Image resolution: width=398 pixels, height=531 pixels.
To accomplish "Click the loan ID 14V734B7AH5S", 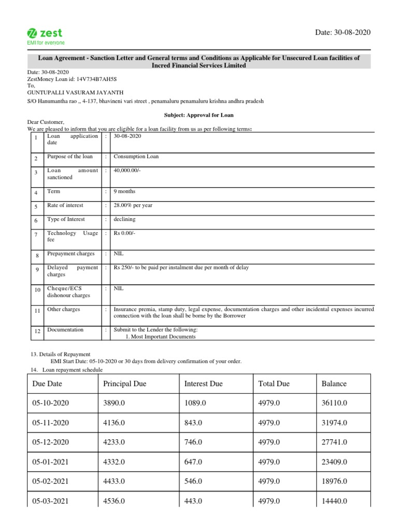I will pos(96,79).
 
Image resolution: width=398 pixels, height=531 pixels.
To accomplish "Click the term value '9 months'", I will pos(124,191).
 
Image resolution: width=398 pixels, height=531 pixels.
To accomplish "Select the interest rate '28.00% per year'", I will pos(133,205).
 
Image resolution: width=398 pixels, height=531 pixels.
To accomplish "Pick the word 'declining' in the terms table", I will pos(125,219).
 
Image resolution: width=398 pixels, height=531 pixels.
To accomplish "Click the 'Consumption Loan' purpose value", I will pos(136,157).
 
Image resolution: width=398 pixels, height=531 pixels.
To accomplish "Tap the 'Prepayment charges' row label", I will pos(71,254).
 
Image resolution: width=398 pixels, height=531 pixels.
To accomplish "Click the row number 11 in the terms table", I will pos(37,311).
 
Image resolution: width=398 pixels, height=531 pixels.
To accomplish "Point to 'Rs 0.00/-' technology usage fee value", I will pos(124,233).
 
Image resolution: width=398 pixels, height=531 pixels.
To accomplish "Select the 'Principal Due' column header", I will pos(125,384).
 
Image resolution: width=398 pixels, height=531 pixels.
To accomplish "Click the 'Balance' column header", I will pos(334,384).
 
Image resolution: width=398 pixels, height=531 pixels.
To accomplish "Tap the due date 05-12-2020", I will pos(50,442).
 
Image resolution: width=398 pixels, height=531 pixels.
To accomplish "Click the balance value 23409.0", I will pos(334,462).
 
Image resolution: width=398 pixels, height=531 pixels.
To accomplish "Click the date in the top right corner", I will pos(343,32).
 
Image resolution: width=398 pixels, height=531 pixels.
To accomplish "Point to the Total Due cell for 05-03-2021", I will pos(269,501).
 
